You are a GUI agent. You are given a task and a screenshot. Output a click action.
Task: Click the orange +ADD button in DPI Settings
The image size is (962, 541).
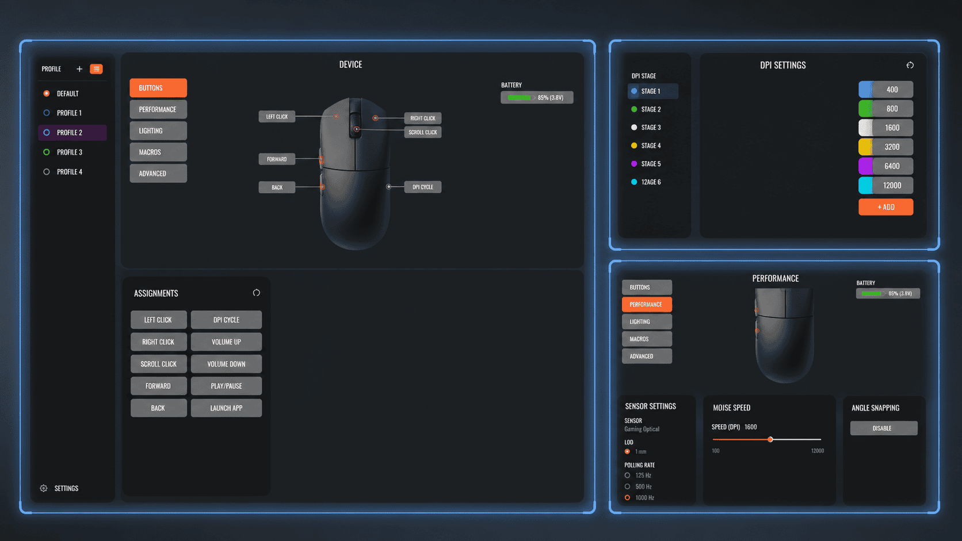tap(885, 207)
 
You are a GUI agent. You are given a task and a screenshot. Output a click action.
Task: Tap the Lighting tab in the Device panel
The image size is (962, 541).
tap(158, 131)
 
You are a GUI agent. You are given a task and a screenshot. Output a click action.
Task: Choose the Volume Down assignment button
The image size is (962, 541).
tap(226, 364)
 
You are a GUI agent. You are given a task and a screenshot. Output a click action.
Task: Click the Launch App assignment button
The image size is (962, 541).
tap(226, 408)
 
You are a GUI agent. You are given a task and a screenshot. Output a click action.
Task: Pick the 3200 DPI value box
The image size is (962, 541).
tap(885, 147)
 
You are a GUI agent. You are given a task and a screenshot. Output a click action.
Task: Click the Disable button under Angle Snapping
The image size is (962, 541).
tap(883, 428)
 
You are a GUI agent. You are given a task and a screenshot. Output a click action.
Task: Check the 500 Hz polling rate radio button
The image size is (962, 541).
tap(628, 486)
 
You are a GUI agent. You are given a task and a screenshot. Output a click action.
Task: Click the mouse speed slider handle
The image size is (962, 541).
tap(770, 439)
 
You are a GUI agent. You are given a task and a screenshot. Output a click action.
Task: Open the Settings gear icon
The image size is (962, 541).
tap(43, 488)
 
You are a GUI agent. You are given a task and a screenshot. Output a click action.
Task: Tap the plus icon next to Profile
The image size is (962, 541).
tap(79, 68)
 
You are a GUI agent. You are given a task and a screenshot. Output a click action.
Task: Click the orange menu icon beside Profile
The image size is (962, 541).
tap(96, 68)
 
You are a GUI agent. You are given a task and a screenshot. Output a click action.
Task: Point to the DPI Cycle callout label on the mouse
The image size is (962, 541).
tap(422, 187)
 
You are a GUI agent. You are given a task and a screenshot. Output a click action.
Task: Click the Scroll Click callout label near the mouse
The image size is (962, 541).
tap(422, 132)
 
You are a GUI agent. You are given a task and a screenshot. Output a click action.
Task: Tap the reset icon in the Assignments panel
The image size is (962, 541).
tap(257, 293)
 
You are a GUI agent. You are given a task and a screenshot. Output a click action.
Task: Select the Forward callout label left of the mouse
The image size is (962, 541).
tap(277, 159)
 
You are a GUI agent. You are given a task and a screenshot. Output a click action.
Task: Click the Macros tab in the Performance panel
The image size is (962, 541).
tap(647, 339)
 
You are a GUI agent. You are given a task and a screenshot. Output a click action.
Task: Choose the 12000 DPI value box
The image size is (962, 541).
tap(885, 185)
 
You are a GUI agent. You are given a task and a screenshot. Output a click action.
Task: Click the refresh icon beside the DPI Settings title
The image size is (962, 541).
tap(910, 65)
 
